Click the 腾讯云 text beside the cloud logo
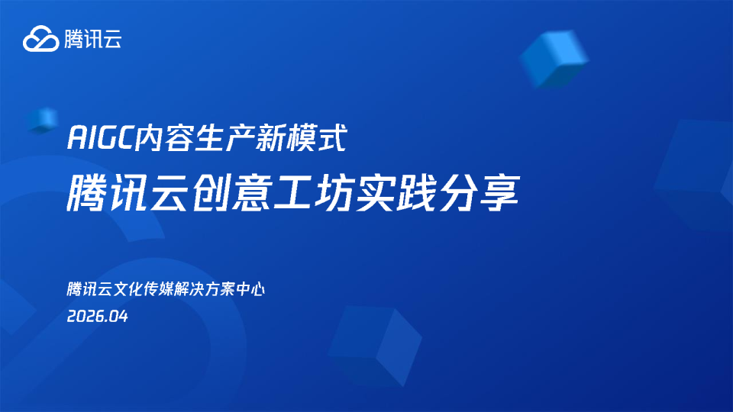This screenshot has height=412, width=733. click(93, 38)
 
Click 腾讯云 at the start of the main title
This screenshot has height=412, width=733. click(127, 191)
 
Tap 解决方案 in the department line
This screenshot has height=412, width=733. click(207, 290)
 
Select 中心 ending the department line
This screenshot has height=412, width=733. click(250, 290)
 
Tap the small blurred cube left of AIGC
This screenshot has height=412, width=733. click(44, 119)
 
